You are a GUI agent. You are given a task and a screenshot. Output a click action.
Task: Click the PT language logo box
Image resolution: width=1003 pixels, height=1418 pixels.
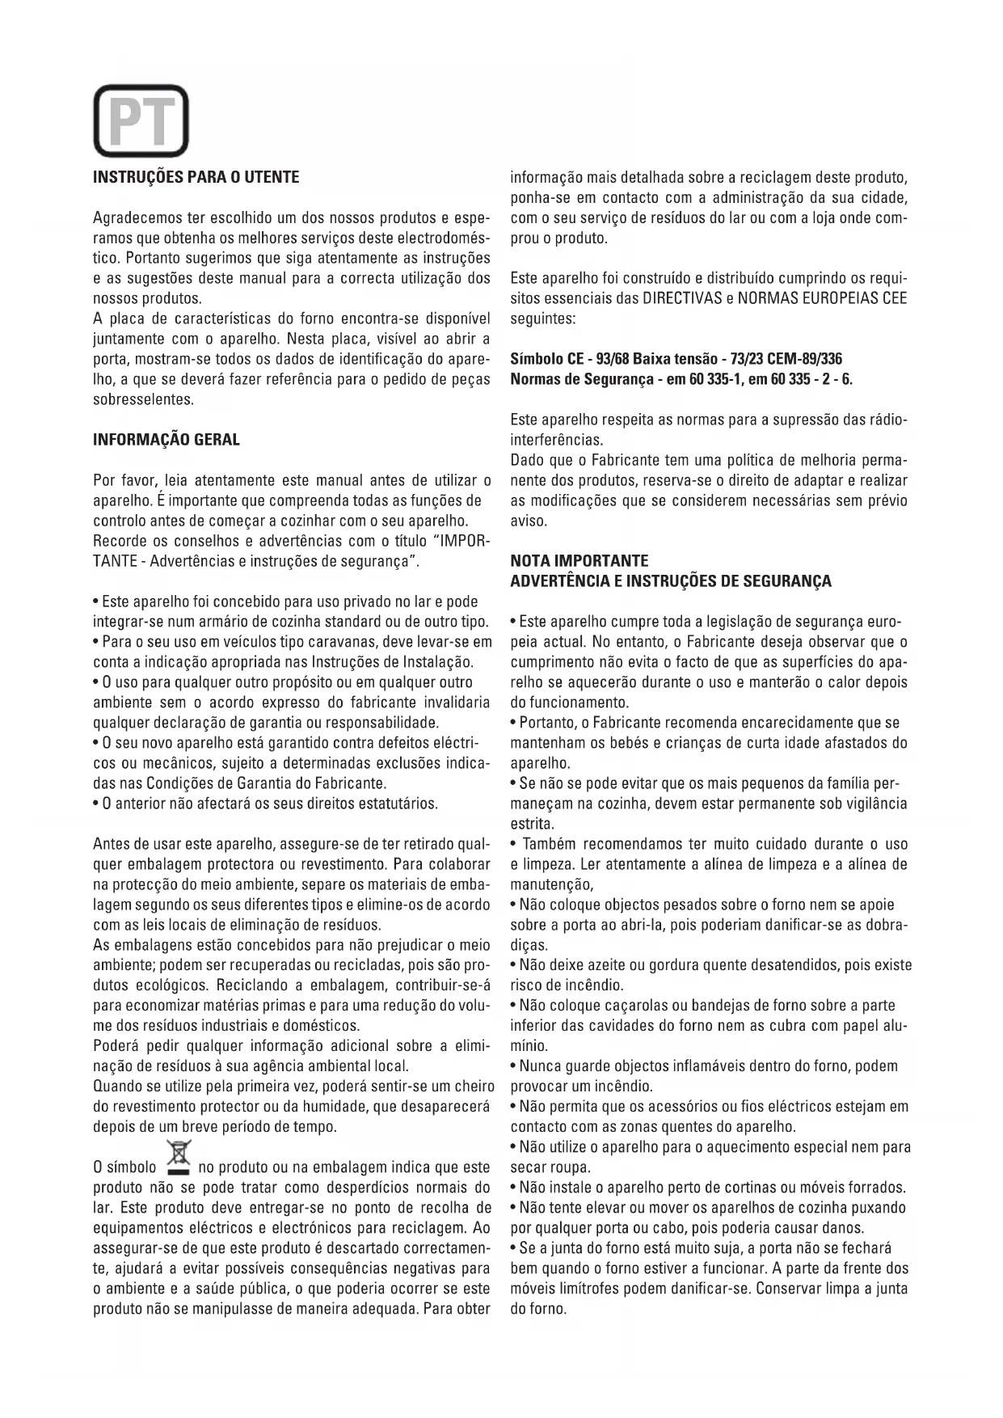[x=141, y=121]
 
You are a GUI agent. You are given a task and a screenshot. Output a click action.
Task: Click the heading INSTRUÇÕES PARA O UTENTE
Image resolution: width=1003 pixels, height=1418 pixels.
[x=196, y=177]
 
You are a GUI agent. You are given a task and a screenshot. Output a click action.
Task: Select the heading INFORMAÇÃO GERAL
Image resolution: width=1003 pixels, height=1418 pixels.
[x=166, y=440]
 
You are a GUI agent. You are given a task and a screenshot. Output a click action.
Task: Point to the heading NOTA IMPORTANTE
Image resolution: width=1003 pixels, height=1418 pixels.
[x=579, y=560]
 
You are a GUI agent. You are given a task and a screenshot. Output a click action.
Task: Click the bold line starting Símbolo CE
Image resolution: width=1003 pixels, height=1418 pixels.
[x=676, y=359]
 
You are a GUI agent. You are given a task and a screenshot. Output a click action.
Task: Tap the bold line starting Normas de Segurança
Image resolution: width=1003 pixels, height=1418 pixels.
[x=681, y=379]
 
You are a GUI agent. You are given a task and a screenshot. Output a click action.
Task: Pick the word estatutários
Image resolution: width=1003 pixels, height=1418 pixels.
[x=398, y=804]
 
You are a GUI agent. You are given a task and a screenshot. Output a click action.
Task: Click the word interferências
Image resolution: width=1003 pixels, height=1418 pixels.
[x=556, y=441]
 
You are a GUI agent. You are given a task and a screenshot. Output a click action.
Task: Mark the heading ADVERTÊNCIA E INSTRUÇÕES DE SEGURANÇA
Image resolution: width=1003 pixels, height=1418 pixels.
[x=671, y=581]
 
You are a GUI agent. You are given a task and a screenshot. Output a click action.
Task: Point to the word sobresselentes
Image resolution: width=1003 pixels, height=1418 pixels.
[x=143, y=399]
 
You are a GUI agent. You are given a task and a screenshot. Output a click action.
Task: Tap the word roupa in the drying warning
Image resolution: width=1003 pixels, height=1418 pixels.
[x=570, y=1167]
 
